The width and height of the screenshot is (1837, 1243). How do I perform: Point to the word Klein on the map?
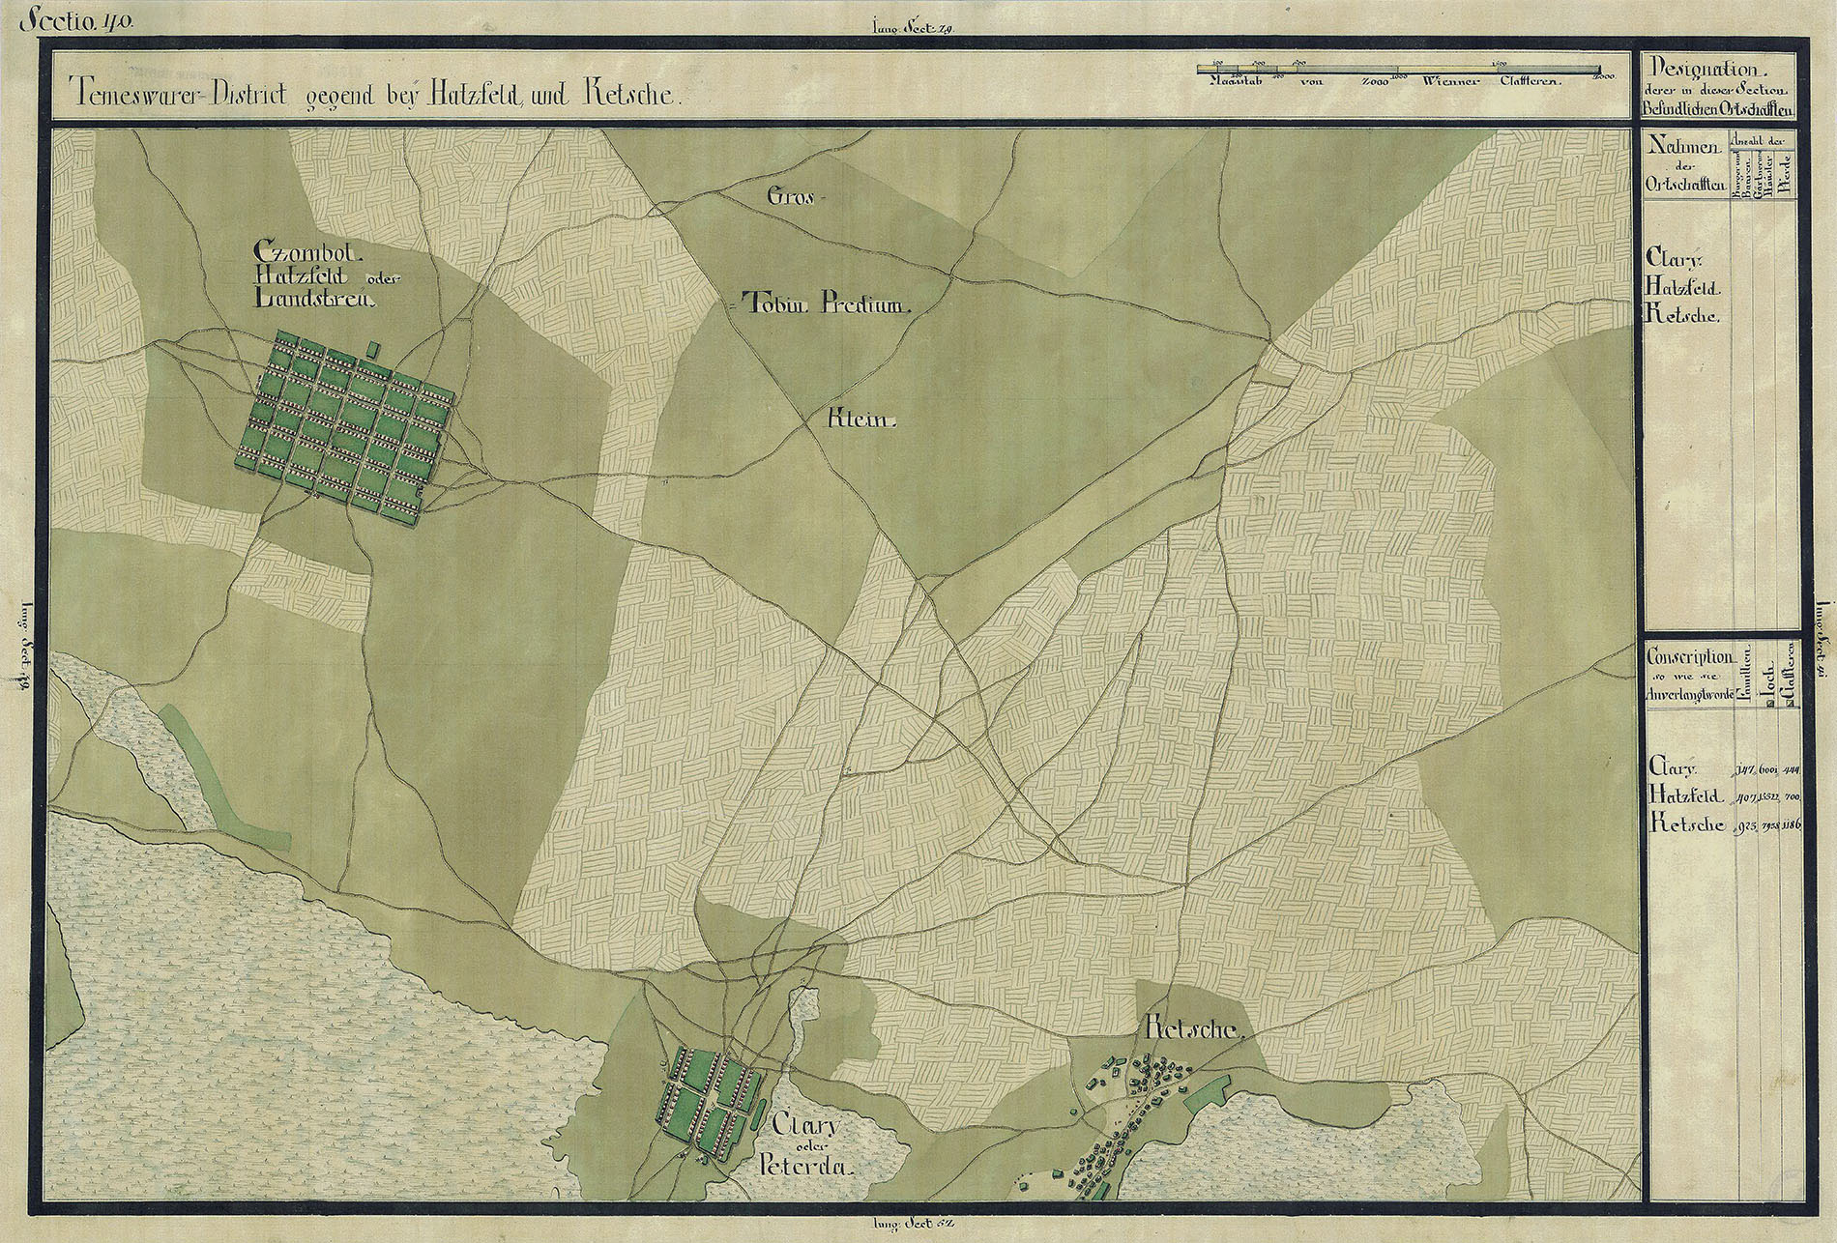tap(863, 422)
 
